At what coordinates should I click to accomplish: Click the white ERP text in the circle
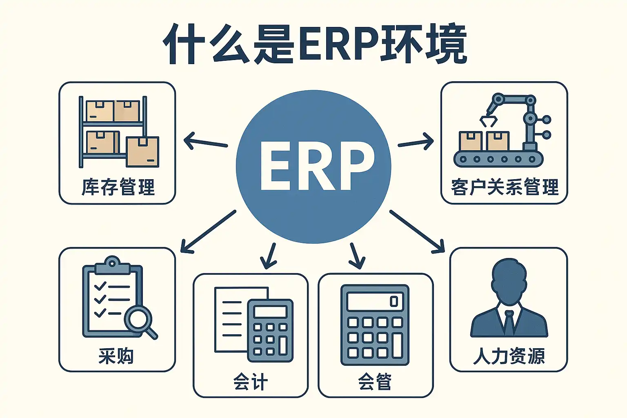[x=318, y=166]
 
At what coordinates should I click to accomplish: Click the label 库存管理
[x=118, y=187]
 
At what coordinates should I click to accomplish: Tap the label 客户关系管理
[x=505, y=187]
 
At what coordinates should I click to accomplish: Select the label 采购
[x=116, y=356]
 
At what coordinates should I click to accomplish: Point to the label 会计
[x=251, y=381]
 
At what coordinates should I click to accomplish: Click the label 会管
[x=375, y=381]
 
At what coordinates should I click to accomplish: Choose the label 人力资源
[x=509, y=356]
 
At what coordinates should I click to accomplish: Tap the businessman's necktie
[x=509, y=322]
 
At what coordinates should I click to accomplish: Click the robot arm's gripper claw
[x=489, y=121]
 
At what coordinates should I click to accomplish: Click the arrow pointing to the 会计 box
[x=269, y=256]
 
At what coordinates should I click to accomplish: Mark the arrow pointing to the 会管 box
[x=356, y=256]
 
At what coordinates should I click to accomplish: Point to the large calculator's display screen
[x=375, y=301]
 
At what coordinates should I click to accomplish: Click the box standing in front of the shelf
[x=143, y=152]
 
